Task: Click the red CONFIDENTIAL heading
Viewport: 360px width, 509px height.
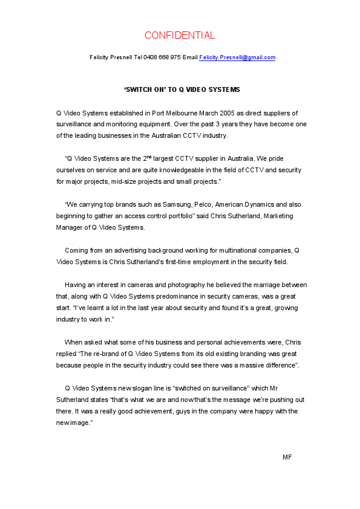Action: (180, 35)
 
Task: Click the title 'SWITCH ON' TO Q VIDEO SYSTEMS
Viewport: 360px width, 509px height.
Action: (182, 89)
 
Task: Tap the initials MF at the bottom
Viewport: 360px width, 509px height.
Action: (287, 457)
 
